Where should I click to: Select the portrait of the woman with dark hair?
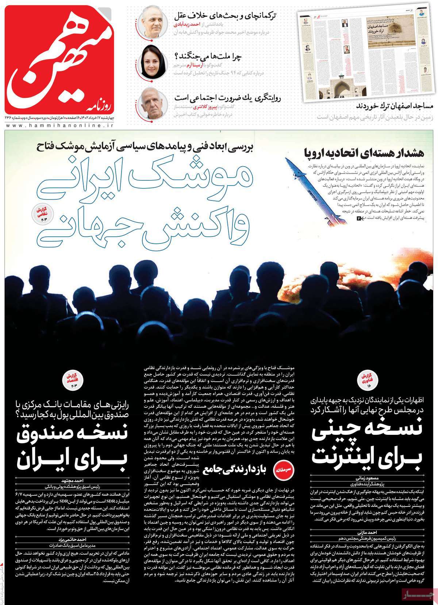[151, 62]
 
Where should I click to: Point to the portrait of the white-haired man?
[151, 103]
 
